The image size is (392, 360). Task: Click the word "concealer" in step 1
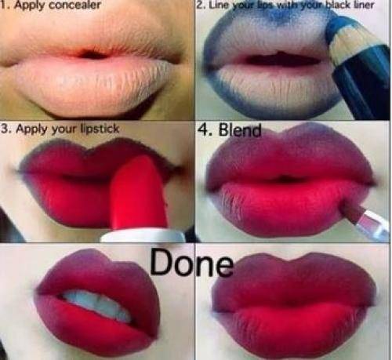tap(74, 5)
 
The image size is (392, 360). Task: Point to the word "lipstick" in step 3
tap(100, 129)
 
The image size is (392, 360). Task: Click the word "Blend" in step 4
tap(240, 129)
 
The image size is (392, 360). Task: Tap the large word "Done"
tap(191, 262)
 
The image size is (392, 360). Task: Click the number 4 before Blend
tap(206, 129)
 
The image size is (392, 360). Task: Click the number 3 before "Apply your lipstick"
tap(5, 129)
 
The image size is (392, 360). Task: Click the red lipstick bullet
tap(139, 194)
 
